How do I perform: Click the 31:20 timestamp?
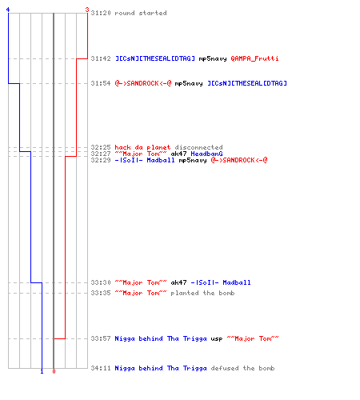pos(101,13)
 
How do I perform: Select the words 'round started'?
pos(141,13)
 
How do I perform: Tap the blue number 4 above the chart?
pos(8,10)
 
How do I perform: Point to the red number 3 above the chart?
pos(87,10)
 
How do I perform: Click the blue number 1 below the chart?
pos(42,371)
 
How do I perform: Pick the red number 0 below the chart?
pos(54,371)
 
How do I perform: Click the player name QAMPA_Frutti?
pos(254,58)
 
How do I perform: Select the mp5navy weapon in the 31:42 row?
pos(213,58)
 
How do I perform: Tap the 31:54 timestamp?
pos(101,83)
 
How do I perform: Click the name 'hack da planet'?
pos(142,147)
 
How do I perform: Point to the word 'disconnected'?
pos(198,147)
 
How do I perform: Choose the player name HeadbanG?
pos(206,154)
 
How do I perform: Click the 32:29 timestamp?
pos(101,160)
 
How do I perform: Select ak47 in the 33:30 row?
pos(178,282)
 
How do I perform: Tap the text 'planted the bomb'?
pos(202,293)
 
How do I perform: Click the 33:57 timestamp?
pos(101,338)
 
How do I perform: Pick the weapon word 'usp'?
pos(217,338)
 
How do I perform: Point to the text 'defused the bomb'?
pos(242,368)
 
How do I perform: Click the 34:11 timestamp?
pos(101,368)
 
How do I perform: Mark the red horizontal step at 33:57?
pos(59,338)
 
